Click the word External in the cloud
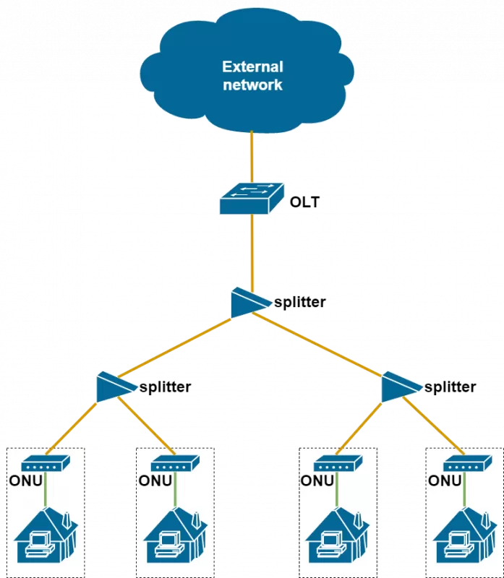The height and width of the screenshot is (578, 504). click(252, 67)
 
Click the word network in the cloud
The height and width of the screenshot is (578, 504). click(252, 85)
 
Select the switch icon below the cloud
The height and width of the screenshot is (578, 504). click(252, 198)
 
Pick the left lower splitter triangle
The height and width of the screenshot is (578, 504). click(114, 387)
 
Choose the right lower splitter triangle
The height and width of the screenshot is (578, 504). click(399, 387)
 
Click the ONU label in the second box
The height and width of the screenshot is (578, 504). click(155, 480)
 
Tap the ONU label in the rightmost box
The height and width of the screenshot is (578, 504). click(445, 480)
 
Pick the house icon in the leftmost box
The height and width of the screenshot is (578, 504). click(45, 535)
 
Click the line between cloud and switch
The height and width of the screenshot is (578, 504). click(252, 155)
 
